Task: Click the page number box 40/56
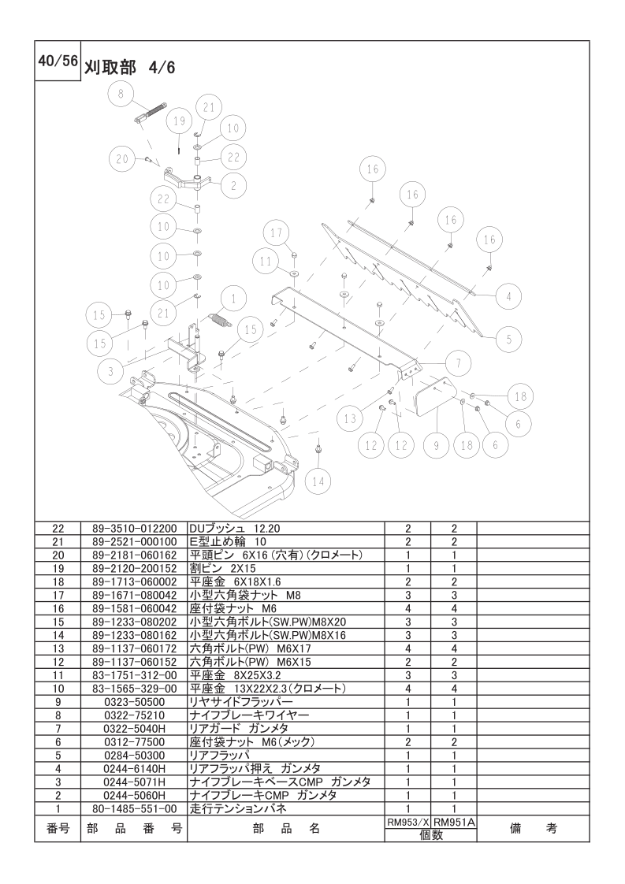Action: [x=58, y=61]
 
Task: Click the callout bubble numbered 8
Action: [x=121, y=94]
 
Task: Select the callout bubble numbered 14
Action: [x=318, y=481]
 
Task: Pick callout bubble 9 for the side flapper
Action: [x=437, y=445]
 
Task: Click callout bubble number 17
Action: [x=277, y=233]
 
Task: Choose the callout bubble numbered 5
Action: [x=509, y=339]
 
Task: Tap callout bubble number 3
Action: [x=110, y=370]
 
